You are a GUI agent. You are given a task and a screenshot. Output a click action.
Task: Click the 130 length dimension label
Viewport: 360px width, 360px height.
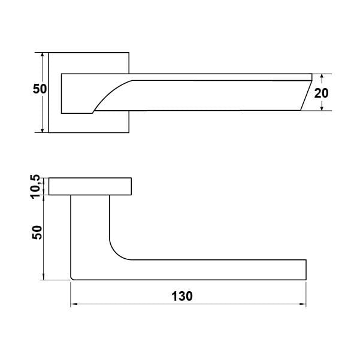coord(182,296)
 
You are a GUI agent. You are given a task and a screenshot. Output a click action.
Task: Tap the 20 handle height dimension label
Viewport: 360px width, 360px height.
coord(321,93)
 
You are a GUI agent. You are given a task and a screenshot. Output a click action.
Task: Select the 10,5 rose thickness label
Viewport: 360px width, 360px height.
coord(36,186)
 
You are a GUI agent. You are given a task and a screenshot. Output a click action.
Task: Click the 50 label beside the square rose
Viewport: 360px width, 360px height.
coord(40,89)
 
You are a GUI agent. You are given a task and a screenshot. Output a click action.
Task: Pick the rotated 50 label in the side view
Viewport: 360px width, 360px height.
coord(37,232)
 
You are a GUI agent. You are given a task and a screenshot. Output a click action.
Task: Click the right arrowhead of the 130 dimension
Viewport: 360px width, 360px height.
coord(303,304)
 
